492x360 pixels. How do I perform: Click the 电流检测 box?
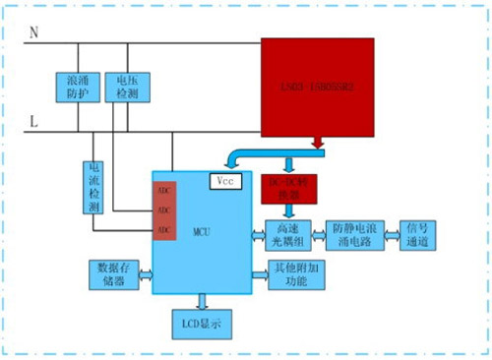pos(94,187)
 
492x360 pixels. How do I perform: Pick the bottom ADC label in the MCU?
pos(162,229)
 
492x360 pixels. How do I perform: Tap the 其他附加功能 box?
pos(294,275)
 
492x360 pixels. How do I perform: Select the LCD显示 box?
pos(201,323)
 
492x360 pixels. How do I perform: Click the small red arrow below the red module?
pos(318,146)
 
